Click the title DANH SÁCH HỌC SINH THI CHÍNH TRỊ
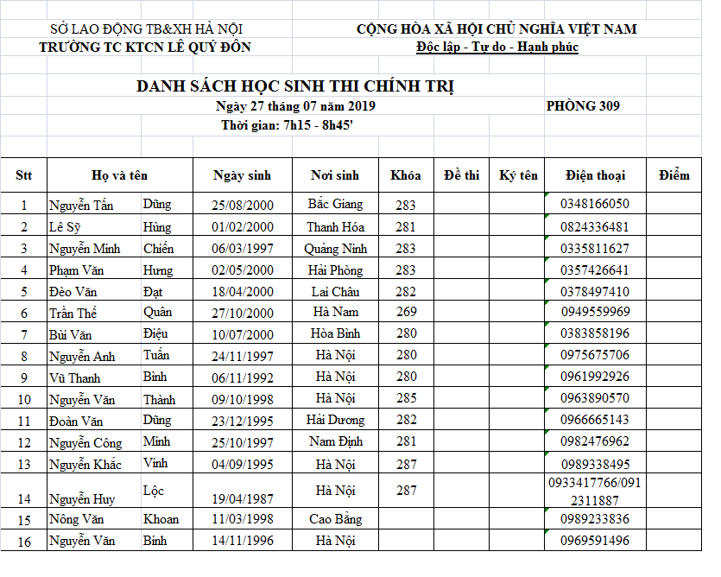point(294,86)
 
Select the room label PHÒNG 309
point(583,106)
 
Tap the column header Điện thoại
point(595,175)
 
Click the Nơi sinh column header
point(335,175)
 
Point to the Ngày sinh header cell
point(242,175)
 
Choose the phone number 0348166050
point(595,205)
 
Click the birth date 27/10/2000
point(242,313)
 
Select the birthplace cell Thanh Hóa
point(335,227)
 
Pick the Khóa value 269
point(406,313)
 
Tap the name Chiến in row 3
point(159,249)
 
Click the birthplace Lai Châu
point(335,292)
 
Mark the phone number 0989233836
point(595,519)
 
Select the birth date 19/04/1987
point(242,498)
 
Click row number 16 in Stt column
point(24,542)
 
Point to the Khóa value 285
point(406,399)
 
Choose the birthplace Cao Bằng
point(335,519)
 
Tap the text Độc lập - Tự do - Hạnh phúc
point(496,47)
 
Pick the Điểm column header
point(674,175)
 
